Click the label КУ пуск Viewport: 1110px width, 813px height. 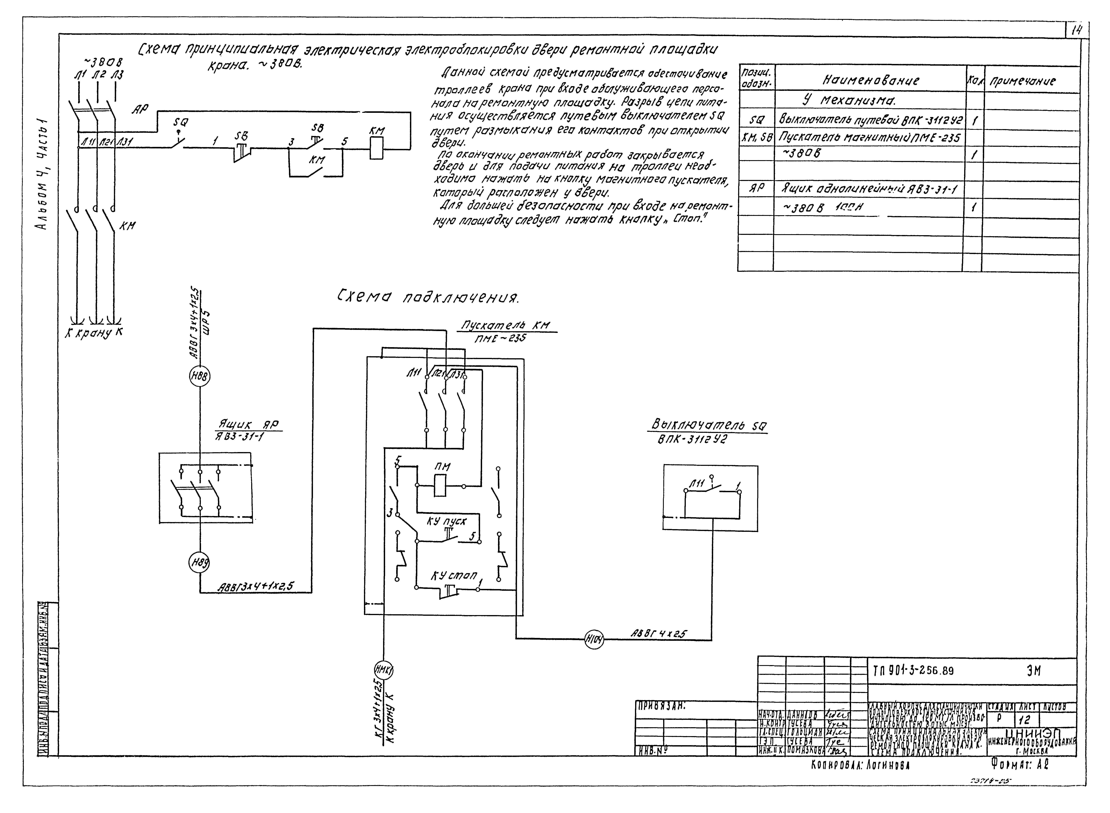pyautogui.click(x=447, y=521)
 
